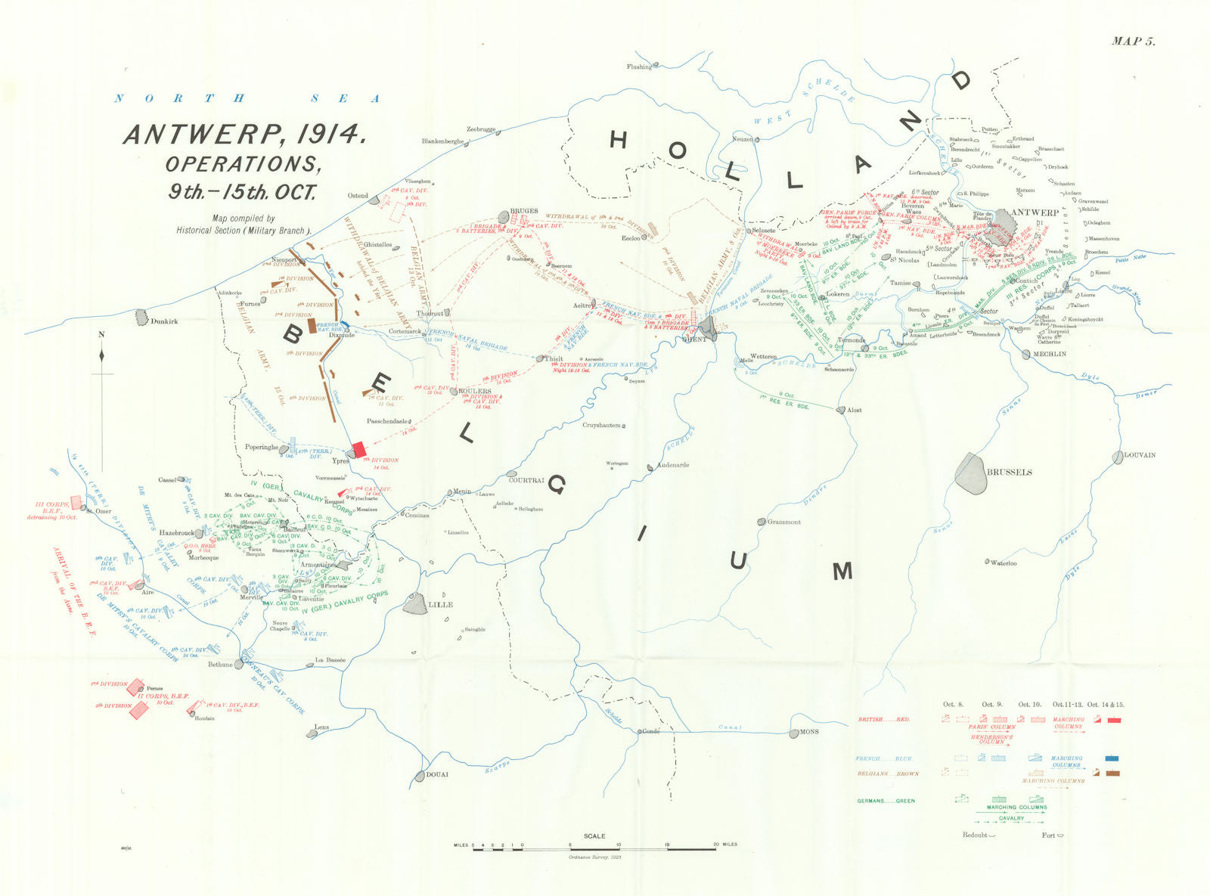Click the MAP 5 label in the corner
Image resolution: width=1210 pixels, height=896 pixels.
[1133, 42]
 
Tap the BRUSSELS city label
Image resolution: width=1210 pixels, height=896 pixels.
[1010, 473]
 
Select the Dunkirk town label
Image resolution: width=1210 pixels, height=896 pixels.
[164, 321]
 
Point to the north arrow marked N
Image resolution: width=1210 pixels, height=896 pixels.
[102, 335]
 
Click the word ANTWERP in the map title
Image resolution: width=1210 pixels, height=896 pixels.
[201, 135]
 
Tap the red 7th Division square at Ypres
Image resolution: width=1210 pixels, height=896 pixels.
[360, 448]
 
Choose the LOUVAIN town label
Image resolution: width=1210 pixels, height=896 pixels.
[1140, 455]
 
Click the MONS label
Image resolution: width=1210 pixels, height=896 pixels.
[810, 733]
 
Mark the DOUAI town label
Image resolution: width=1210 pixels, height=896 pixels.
[437, 774]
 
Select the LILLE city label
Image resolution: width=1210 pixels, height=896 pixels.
[441, 605]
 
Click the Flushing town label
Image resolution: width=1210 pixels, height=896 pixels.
[639, 67]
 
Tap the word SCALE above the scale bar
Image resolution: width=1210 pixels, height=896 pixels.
[594, 836]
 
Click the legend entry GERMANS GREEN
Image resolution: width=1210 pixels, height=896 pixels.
[885, 801]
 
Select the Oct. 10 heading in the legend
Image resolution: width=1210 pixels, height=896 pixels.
[1029, 705]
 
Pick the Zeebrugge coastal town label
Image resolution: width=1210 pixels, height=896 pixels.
[481, 129]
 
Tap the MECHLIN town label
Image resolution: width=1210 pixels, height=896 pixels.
[1050, 354]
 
